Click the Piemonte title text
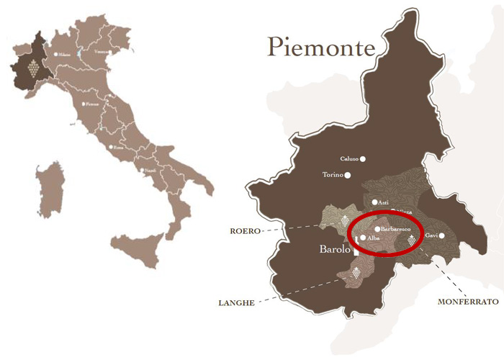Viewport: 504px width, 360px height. click(x=322, y=47)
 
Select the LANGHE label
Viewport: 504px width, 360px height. click(x=235, y=303)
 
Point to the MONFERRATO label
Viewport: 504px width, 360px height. click(x=468, y=302)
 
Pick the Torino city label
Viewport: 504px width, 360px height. click(x=332, y=175)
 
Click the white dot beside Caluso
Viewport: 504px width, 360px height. click(x=363, y=158)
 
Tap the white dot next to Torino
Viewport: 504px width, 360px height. click(x=347, y=175)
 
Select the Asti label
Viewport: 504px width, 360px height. click(x=383, y=203)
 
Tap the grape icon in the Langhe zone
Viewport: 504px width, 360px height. click(x=355, y=272)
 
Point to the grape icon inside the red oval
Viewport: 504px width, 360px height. click(x=411, y=240)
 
